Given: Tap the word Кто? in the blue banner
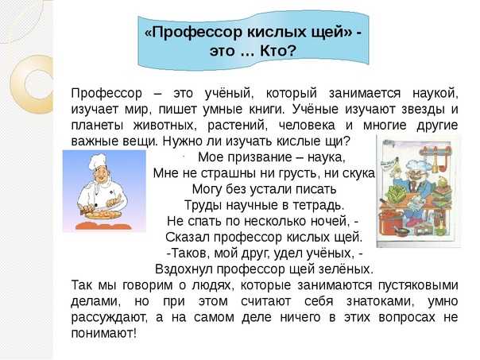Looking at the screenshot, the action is pyautogui.click(x=278, y=51).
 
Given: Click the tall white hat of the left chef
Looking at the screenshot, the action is pyautogui.click(x=98, y=161).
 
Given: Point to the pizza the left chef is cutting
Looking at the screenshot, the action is pyautogui.click(x=103, y=213).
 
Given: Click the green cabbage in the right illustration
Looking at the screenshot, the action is pyautogui.click(x=396, y=194).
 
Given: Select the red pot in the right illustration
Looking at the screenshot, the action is pyautogui.click(x=391, y=222).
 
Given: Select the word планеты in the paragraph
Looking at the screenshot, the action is pyautogui.click(x=97, y=126).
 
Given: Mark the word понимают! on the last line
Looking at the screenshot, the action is pyautogui.click(x=104, y=333).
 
